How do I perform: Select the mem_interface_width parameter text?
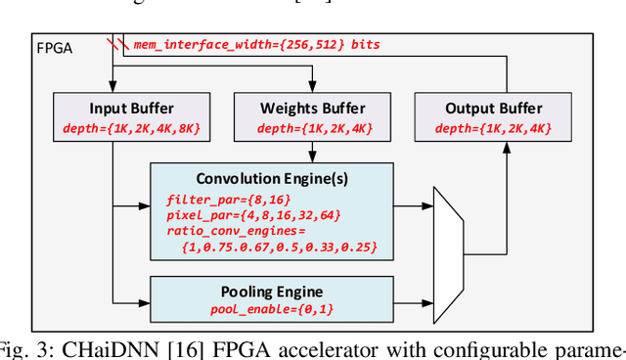[256, 45]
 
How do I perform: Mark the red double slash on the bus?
[117, 45]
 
